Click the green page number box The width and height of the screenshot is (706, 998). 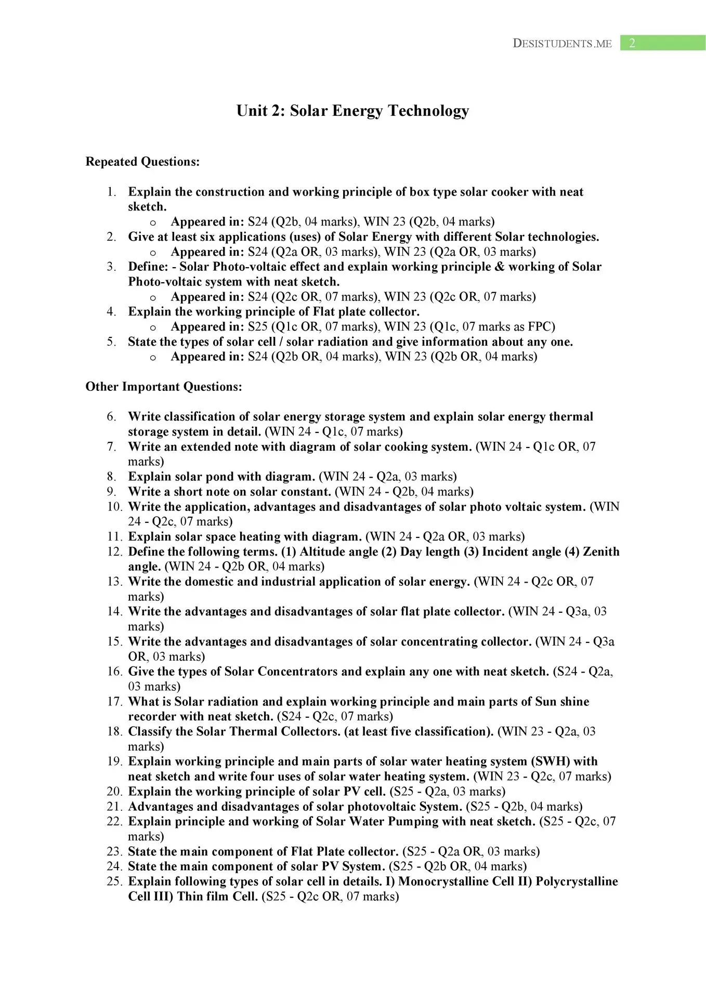tap(662, 43)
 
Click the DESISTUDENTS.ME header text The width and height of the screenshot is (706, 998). tap(562, 44)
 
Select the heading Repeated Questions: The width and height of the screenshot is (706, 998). tap(142, 162)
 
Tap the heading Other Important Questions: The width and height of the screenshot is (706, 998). tap(164, 387)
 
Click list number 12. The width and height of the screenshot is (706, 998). tap(115, 551)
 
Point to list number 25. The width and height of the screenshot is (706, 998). tap(115, 882)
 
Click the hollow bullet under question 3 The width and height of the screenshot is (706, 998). tap(153, 297)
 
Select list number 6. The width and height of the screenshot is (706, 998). tap(112, 417)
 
